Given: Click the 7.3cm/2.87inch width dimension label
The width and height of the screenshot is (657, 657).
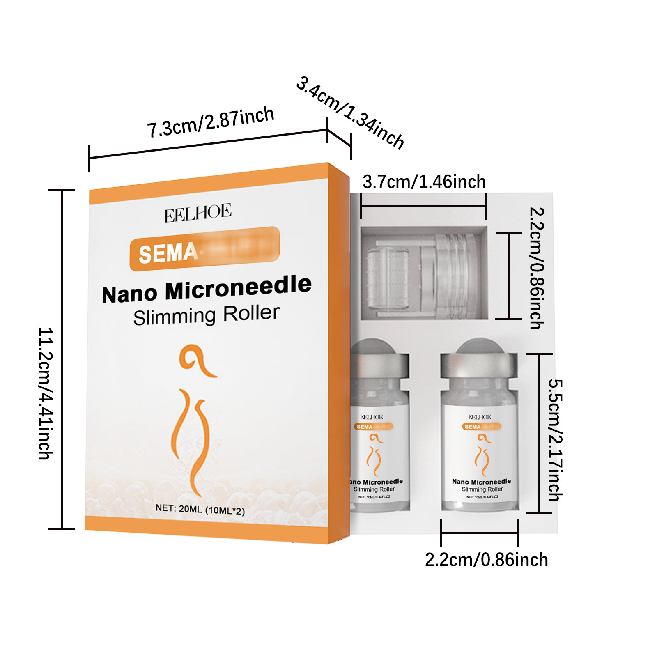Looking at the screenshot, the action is [211, 122].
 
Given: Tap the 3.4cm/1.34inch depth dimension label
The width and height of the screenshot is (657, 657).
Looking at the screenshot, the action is [350, 113].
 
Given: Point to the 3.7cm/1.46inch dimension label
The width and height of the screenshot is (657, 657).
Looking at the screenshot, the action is [424, 182].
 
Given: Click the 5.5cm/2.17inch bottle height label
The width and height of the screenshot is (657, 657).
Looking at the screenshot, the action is [555, 440].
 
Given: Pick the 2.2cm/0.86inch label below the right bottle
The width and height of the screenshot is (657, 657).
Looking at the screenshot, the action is [486, 560].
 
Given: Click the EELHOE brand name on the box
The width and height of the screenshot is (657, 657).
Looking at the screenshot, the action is [198, 213].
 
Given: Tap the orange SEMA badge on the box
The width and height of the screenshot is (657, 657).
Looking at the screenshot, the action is [204, 249].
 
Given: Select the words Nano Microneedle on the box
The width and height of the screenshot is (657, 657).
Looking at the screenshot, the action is [207, 289].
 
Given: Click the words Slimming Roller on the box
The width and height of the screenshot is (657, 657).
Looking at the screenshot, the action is [207, 315].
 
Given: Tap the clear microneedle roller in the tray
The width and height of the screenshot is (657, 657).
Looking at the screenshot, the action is [419, 273].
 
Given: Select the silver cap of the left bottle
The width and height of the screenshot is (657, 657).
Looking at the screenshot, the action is [380, 363].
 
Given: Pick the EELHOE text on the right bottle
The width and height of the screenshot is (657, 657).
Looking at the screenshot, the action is [480, 417].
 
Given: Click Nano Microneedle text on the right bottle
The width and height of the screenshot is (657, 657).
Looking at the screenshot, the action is [481, 481].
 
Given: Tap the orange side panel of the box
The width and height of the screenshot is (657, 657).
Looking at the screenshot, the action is [339, 353].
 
